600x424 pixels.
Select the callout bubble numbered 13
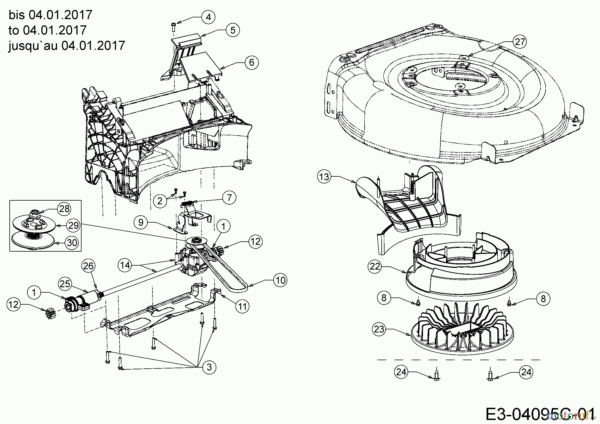[324, 177]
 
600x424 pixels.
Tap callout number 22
[375, 266]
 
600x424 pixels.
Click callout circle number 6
[252, 62]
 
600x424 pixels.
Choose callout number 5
[233, 30]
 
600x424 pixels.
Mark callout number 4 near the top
[208, 17]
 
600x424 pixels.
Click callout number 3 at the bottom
[209, 367]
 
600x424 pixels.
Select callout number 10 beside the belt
[280, 280]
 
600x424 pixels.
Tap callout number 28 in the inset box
[64, 209]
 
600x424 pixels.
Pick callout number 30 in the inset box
[72, 243]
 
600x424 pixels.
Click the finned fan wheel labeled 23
[460, 330]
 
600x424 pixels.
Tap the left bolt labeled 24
[437, 376]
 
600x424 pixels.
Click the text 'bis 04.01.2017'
[50, 15]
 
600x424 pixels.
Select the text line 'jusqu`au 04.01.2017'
[67, 45]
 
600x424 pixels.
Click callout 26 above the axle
[89, 266]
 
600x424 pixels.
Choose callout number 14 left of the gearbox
[125, 265]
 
